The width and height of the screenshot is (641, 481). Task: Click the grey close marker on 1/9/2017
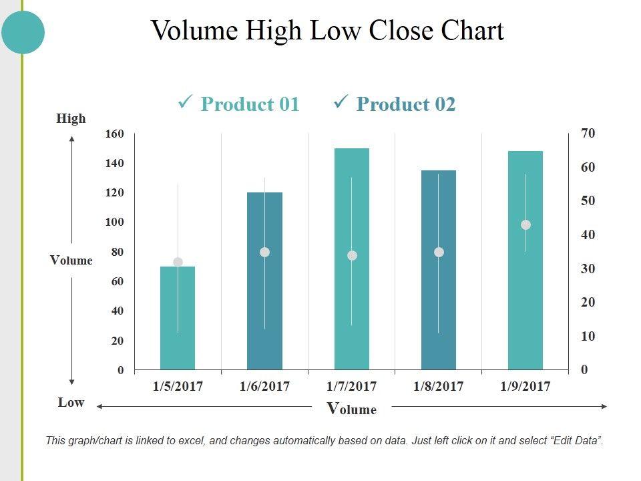point(525,225)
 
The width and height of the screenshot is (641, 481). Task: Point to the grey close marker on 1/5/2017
point(178,263)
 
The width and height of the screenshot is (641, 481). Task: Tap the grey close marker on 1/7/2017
point(352,255)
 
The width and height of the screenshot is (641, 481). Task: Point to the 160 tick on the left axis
point(114,134)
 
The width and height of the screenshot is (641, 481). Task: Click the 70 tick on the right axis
point(588,133)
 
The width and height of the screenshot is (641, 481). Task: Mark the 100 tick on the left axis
point(114,222)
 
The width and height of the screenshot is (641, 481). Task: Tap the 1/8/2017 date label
point(439,386)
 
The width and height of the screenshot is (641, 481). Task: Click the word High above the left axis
point(71,119)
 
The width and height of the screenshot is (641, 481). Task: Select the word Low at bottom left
point(71,402)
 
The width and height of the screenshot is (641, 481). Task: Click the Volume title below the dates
point(352,409)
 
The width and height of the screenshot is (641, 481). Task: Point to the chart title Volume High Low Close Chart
point(327,31)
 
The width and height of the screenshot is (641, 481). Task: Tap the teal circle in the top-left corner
point(23,31)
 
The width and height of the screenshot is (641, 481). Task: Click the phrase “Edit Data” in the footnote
point(576,441)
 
